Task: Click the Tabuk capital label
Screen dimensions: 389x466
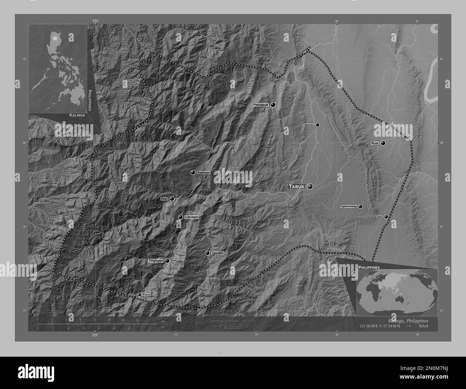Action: (x=297, y=187)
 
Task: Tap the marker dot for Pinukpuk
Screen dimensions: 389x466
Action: (x=273, y=104)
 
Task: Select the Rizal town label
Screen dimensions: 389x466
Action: (x=375, y=143)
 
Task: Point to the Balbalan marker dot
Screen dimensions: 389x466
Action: (x=193, y=173)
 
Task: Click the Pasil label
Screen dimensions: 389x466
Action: (x=165, y=199)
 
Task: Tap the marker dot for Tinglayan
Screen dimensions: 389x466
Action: (x=167, y=261)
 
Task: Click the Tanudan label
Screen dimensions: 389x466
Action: (x=218, y=253)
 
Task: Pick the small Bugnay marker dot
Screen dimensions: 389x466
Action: (x=139, y=295)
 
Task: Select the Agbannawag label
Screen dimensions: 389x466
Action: (x=349, y=207)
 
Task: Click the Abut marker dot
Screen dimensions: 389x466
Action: (x=386, y=217)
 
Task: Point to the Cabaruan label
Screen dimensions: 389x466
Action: (x=308, y=125)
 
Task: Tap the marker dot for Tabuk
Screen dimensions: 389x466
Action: (x=310, y=186)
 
